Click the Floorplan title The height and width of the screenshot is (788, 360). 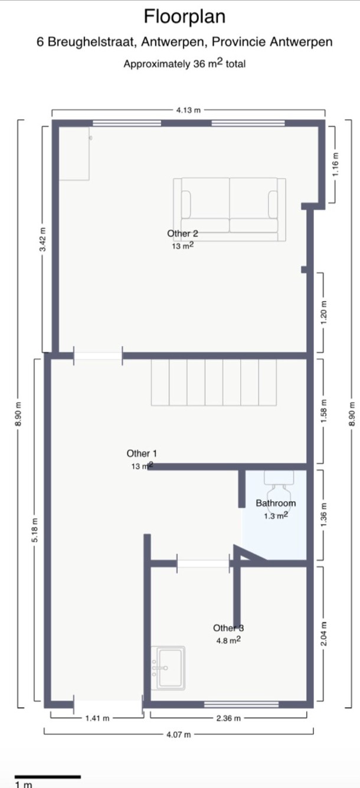tap(185, 17)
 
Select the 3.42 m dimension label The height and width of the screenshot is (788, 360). tap(42, 239)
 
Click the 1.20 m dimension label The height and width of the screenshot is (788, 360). tap(324, 312)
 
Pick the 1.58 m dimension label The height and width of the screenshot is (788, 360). tap(324, 411)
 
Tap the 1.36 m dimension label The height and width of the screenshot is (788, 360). tap(324, 515)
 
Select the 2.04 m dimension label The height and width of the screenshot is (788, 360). tap(324, 633)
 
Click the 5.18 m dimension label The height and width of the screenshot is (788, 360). tap(35, 530)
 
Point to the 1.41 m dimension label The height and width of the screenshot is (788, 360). tap(97, 718)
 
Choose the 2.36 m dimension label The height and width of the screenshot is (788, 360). tap(228, 718)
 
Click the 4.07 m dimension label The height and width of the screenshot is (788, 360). tap(179, 734)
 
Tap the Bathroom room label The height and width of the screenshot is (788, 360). tap(276, 503)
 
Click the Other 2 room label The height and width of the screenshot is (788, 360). tap(182, 233)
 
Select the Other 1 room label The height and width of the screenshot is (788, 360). tap(142, 453)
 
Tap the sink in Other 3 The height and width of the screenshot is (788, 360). tap(168, 668)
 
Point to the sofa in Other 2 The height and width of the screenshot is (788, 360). tap(230, 210)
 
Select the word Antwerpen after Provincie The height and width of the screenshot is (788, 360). tap(301, 42)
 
